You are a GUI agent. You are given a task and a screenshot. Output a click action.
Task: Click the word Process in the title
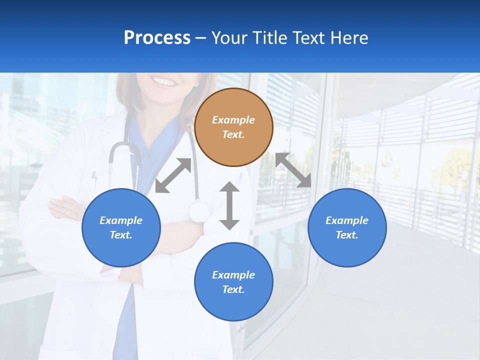tap(157, 38)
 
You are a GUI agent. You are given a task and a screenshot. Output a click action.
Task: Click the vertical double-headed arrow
tap(229, 205)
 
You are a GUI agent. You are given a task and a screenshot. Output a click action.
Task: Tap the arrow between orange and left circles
tap(173, 175)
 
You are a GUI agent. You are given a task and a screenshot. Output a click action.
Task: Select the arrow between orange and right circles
tap(293, 170)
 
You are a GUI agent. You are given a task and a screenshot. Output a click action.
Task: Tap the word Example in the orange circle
tap(233, 120)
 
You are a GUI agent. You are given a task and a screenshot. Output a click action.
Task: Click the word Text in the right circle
tap(347, 235)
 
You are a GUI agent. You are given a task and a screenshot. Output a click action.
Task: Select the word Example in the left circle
tap(121, 220)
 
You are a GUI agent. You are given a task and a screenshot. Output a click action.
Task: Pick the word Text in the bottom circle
tap(233, 289)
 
